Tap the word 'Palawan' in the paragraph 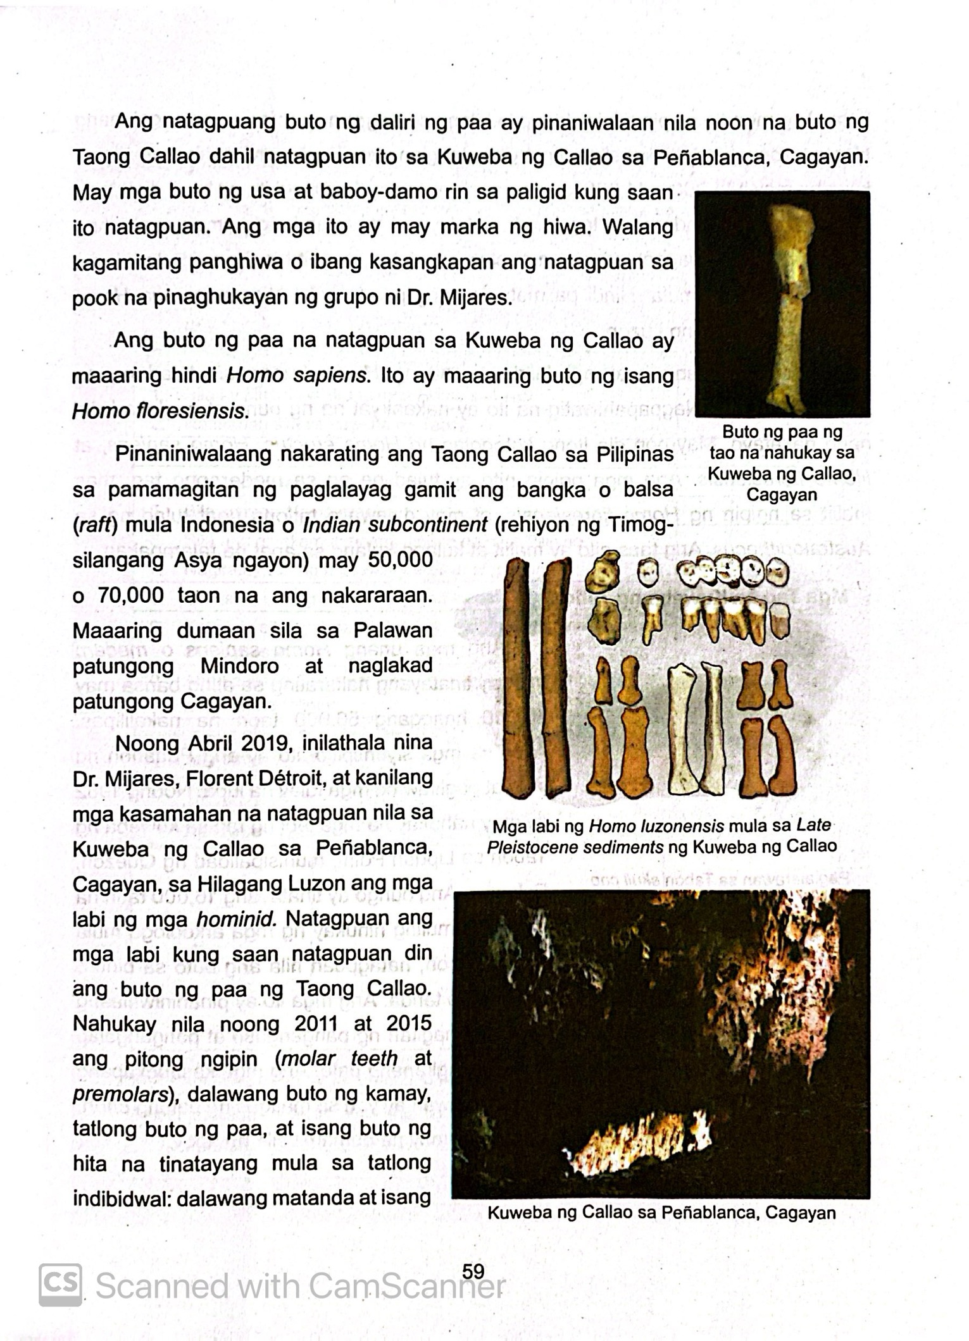392,631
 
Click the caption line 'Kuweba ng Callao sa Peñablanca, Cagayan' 661,1213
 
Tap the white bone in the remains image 683,727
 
